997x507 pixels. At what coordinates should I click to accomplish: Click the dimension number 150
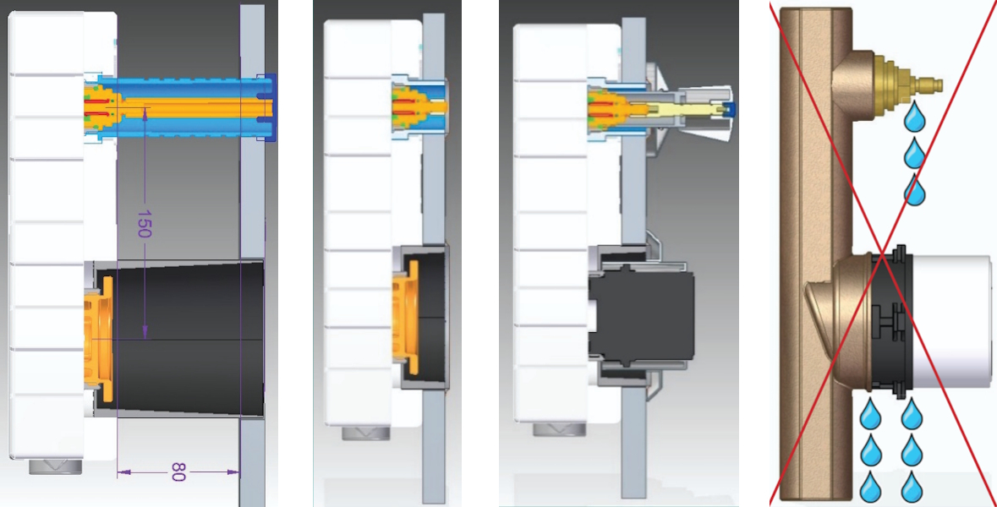click(143, 225)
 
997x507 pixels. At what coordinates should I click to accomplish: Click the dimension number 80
click(178, 472)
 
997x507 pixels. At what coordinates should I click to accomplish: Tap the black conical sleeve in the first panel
click(186, 338)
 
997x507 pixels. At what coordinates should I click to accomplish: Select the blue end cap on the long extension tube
click(270, 106)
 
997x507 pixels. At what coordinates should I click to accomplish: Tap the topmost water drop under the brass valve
click(914, 117)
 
